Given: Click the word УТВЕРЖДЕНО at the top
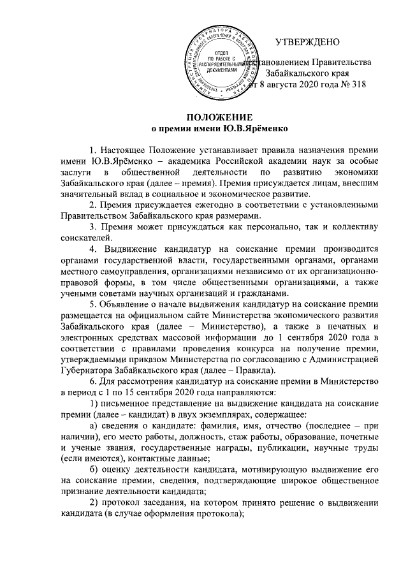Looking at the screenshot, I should click(308, 43).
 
